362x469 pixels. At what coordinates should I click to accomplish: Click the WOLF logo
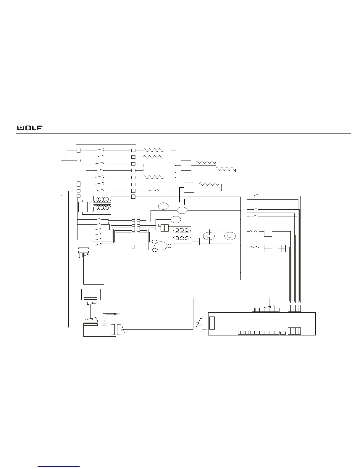coord(30,128)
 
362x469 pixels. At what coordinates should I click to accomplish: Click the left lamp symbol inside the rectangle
coord(209,236)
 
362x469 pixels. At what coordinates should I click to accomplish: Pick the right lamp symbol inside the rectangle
coord(230,236)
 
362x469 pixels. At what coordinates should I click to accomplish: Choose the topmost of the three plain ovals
coord(163,206)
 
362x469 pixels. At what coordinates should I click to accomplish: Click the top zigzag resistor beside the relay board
coord(153,150)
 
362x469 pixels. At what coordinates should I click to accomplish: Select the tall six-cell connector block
coord(186,167)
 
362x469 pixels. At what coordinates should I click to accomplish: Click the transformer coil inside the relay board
coord(102,204)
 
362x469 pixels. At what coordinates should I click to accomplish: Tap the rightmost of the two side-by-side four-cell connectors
coord(282,248)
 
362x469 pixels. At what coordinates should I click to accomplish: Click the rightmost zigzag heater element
coord(226,169)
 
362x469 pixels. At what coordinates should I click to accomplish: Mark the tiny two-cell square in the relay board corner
coord(133,246)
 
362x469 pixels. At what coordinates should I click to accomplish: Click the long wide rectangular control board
coord(262,324)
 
